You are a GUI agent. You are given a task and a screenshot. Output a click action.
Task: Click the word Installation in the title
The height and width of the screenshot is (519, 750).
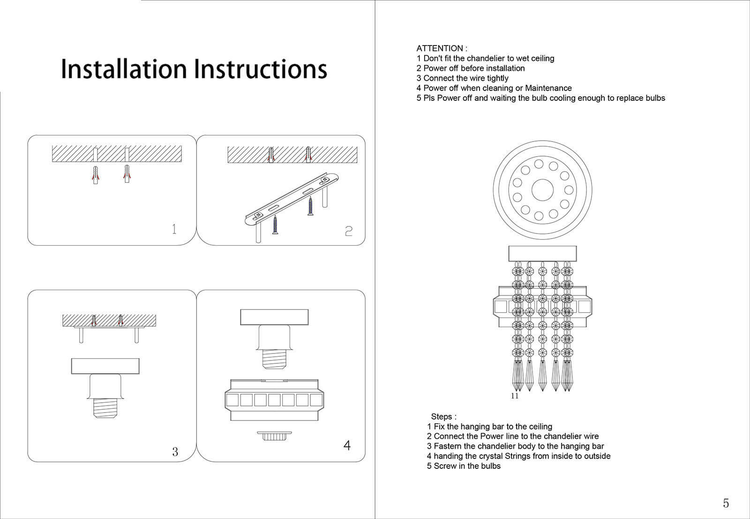coord(124,69)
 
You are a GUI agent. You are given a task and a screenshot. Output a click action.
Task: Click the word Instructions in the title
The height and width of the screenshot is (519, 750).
coord(261,69)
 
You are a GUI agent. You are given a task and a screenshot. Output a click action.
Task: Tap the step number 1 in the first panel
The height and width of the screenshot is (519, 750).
coord(174,229)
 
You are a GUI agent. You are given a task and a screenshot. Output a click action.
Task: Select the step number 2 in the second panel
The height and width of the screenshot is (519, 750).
coord(348,231)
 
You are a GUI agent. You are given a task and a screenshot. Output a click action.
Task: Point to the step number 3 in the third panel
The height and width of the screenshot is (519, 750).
coord(175,452)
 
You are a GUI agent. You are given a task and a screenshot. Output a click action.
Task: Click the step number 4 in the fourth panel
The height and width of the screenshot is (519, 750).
coord(347,445)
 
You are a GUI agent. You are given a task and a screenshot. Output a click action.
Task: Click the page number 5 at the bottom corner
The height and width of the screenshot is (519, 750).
coord(726,503)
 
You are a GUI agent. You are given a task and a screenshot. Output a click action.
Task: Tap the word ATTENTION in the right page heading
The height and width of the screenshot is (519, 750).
coord(439,48)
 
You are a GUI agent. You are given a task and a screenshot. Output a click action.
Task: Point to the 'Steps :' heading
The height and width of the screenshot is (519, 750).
coord(443,417)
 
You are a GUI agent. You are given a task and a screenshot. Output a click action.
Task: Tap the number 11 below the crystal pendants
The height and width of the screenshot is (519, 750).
coord(515,396)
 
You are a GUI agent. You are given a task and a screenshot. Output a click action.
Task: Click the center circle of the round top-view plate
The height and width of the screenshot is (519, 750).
coord(543,189)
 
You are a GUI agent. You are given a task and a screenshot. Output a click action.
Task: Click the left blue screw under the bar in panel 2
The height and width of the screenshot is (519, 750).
coord(275,225)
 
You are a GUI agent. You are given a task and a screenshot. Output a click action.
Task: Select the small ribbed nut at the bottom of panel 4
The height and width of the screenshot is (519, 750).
coord(274,436)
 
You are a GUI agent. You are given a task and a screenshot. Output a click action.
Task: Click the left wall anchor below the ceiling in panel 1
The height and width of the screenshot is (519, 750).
coord(96,174)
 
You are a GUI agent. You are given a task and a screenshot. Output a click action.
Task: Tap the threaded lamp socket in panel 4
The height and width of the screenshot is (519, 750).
coord(274,359)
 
